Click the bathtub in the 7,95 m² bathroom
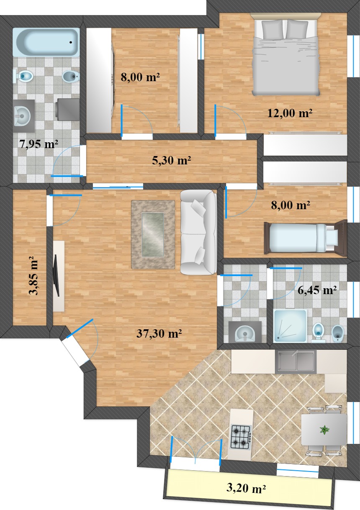coord(46,42)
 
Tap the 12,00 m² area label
coord(289,113)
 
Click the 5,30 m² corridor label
coord(171,161)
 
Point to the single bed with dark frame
coord(305,237)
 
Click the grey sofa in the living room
coord(198,232)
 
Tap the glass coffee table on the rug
coord(153,234)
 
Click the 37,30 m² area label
coord(159,333)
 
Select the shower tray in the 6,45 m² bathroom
coord(290,325)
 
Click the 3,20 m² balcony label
coord(246,488)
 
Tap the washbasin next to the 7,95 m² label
coord(22,116)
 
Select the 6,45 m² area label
coord(317,290)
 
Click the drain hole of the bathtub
coord(71,42)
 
